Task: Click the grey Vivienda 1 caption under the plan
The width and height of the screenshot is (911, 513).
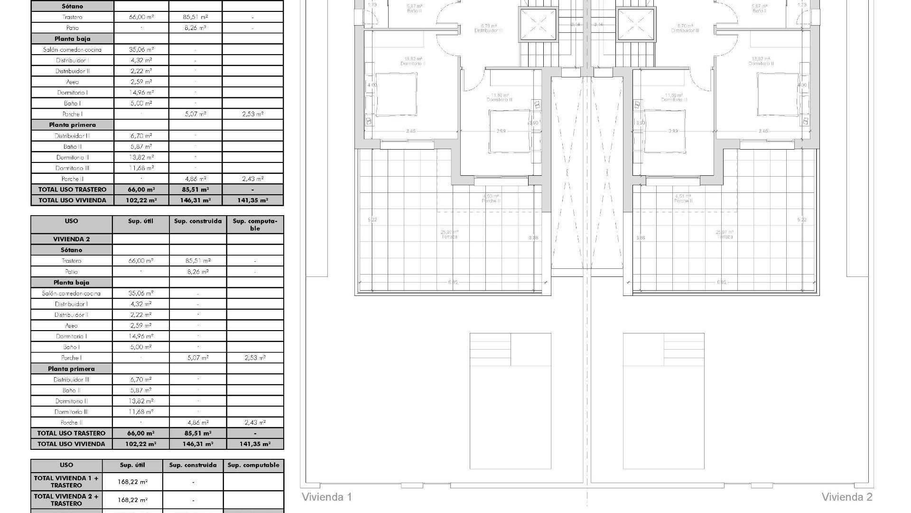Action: pyautogui.click(x=327, y=497)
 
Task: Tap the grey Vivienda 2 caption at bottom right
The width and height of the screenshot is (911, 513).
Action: pyautogui.click(x=846, y=497)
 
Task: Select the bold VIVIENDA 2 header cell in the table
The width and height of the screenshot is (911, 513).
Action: pyautogui.click(x=72, y=239)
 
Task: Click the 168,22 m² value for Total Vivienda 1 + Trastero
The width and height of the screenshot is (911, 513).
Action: pyautogui.click(x=132, y=482)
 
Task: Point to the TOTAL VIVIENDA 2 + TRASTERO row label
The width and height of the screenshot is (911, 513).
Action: pyautogui.click(x=66, y=500)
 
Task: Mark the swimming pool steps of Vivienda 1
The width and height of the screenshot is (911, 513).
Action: pyautogui.click(x=490, y=350)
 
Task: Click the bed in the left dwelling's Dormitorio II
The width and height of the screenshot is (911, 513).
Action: pyautogui.click(x=396, y=94)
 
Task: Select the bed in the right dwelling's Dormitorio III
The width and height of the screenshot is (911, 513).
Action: pyautogui.click(x=665, y=131)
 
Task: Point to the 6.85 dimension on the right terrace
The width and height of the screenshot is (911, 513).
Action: pyautogui.click(x=721, y=282)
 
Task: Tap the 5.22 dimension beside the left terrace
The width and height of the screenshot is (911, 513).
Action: pyautogui.click(x=372, y=219)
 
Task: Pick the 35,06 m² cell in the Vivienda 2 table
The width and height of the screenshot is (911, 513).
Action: pyautogui.click(x=140, y=293)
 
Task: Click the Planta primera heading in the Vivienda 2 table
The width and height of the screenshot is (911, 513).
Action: pyautogui.click(x=71, y=369)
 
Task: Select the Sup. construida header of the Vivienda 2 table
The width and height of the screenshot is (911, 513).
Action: pyautogui.click(x=198, y=221)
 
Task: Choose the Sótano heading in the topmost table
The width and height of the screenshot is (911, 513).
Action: pyautogui.click(x=72, y=6)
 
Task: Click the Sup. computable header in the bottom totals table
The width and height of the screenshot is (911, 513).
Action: pyautogui.click(x=253, y=465)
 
